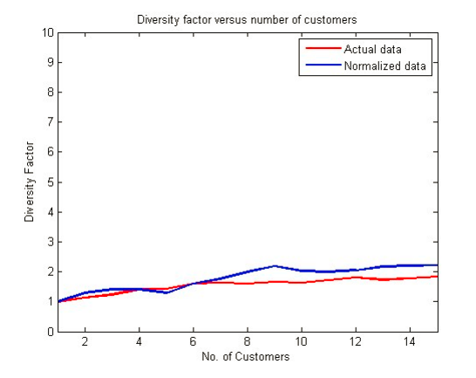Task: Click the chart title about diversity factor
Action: [246, 19]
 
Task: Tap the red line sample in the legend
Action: [317, 48]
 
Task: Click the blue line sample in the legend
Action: [317, 65]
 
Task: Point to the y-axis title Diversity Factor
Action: [30, 182]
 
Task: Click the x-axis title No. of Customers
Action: [246, 357]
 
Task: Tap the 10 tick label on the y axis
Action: [49, 32]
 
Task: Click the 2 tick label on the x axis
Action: [85, 342]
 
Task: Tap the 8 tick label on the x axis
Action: [247, 342]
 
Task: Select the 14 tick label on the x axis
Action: [409, 342]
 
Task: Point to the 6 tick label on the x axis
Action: [193, 342]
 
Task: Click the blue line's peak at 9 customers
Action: [274, 265]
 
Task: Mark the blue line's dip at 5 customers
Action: [166, 292]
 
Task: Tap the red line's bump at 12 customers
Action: [355, 277]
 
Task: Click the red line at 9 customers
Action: [274, 281]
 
